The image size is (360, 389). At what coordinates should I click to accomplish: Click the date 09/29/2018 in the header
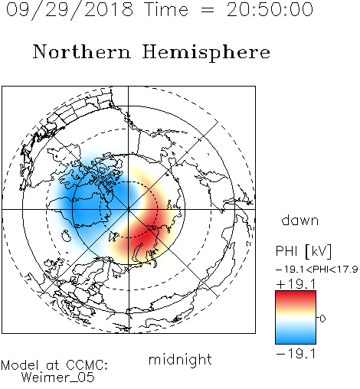[70, 10]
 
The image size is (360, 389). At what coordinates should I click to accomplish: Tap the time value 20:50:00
[270, 9]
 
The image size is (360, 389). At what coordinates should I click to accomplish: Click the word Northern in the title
[82, 51]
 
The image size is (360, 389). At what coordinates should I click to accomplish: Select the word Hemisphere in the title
[206, 53]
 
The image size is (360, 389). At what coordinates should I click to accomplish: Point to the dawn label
[300, 220]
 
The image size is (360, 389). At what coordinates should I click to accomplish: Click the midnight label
[180, 359]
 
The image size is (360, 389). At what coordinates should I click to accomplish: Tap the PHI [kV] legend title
[303, 251]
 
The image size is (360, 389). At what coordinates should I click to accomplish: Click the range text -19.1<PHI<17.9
[316, 270]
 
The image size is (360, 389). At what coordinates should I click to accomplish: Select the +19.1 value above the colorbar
[296, 284]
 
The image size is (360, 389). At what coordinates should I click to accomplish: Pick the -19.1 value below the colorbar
[296, 354]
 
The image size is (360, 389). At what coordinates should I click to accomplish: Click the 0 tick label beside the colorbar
[322, 319]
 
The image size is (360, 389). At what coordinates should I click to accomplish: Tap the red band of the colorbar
[296, 296]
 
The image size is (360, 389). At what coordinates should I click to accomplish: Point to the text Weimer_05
[58, 378]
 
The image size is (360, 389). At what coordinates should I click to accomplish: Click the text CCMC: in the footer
[87, 365]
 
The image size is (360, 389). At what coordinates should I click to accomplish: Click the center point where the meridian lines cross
[129, 209]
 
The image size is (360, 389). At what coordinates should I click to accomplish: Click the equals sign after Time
[208, 10]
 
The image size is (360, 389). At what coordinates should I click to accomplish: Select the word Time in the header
[166, 9]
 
